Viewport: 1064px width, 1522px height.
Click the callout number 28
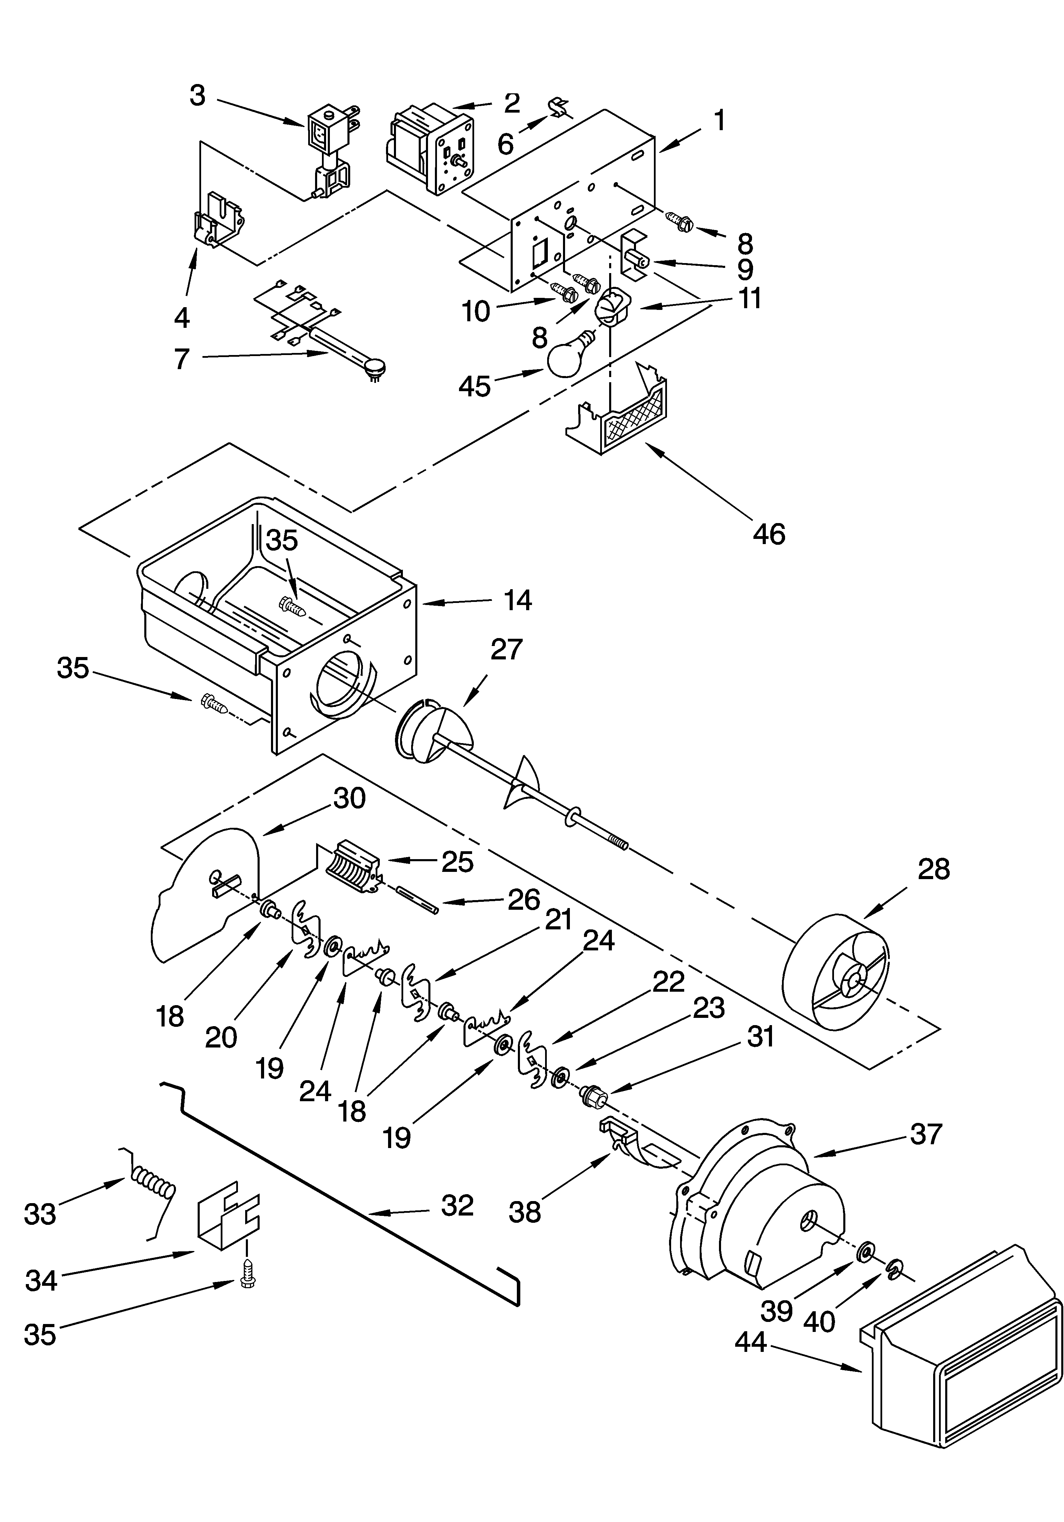pos(933,869)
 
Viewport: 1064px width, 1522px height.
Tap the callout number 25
pos(457,862)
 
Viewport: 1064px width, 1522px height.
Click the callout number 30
pos(350,799)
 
